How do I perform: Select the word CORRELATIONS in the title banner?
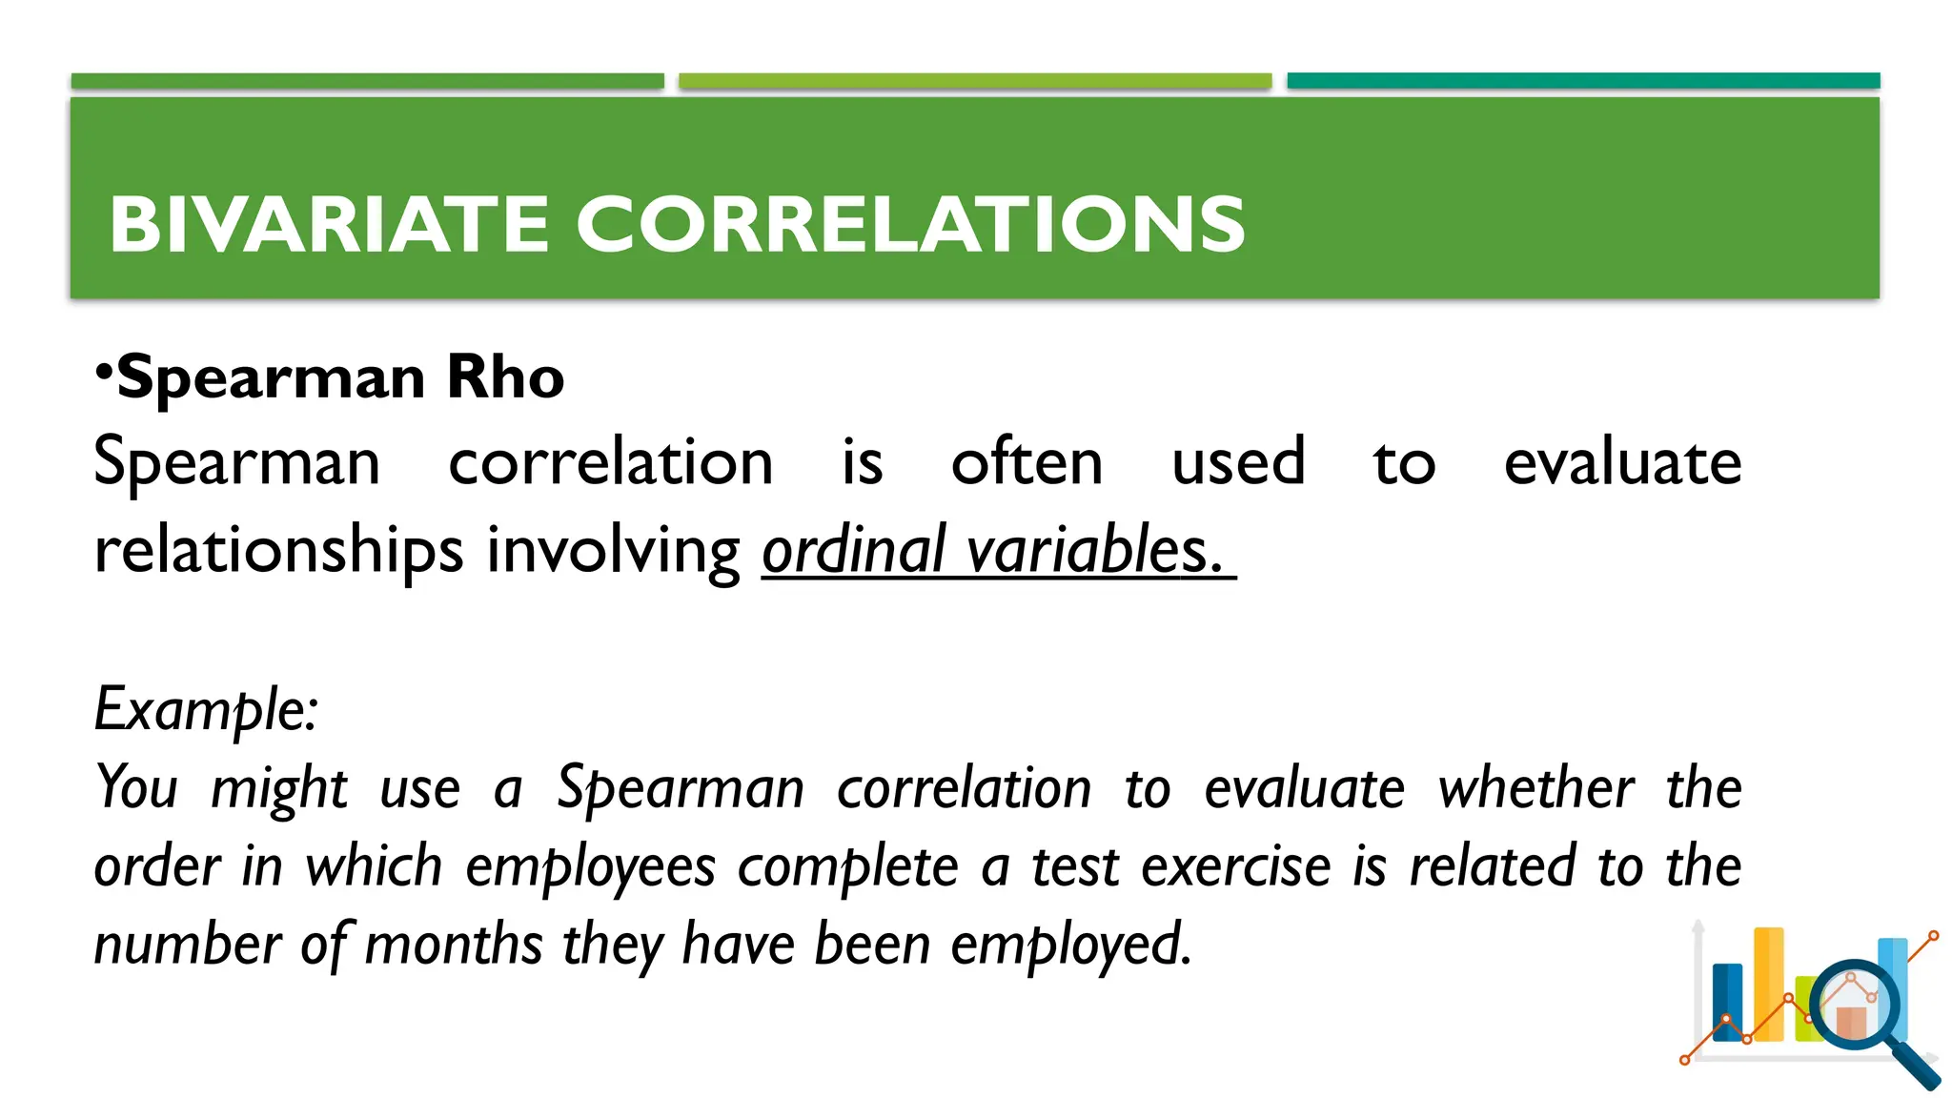[910, 225]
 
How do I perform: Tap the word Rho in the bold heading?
[505, 377]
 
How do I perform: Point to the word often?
[1027, 463]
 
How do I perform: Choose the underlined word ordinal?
[853, 551]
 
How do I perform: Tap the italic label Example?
[206, 710]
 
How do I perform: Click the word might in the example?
[278, 789]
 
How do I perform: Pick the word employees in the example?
[590, 867]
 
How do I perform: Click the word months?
[454, 945]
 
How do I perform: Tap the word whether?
[1535, 789]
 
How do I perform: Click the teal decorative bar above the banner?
[1582, 81]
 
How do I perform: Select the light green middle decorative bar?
[974, 81]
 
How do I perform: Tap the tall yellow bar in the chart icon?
[1768, 982]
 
